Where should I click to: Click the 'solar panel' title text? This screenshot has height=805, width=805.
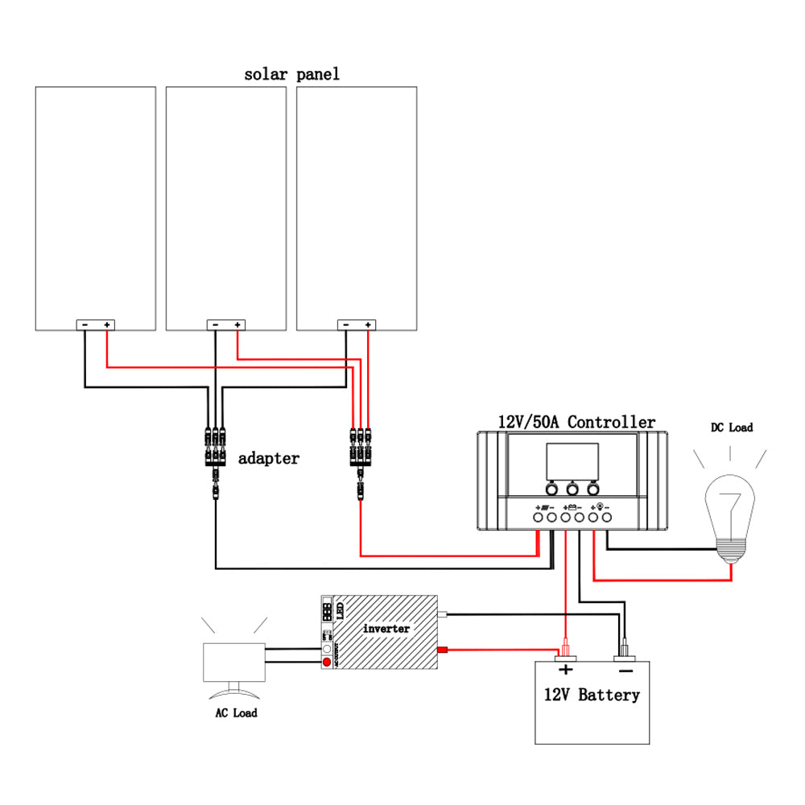[x=291, y=75]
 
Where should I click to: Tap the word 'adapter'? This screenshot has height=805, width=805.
[x=268, y=459]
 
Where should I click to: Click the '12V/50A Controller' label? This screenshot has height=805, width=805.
[x=576, y=422]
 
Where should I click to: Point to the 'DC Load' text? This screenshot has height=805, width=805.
[x=731, y=427]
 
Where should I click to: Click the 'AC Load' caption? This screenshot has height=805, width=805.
[x=236, y=713]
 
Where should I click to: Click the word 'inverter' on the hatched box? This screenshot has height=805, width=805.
[x=386, y=628]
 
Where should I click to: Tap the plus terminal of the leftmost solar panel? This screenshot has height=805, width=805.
[x=107, y=324]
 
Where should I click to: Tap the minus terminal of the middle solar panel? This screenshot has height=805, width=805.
[x=215, y=324]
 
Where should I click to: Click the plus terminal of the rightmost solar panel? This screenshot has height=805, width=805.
[x=368, y=324]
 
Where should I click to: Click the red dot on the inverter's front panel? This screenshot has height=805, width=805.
[x=326, y=663]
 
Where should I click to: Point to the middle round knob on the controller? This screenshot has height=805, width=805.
[x=572, y=489]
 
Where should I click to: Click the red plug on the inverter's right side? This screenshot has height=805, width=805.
[x=442, y=650]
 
